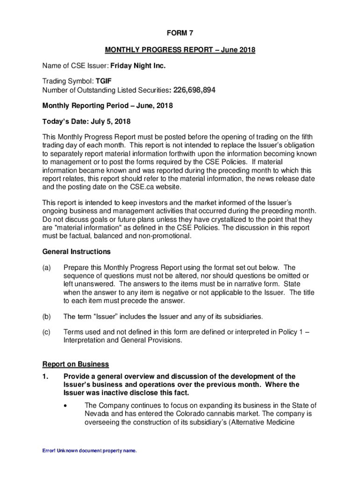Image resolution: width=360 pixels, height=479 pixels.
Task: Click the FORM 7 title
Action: (x=180, y=33)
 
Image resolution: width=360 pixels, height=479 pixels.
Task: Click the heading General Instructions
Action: (x=76, y=252)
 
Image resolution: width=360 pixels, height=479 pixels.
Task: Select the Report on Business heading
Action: (x=76, y=364)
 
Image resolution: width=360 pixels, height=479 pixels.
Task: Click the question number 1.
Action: (x=45, y=377)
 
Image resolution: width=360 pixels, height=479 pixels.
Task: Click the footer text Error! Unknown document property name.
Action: (x=90, y=451)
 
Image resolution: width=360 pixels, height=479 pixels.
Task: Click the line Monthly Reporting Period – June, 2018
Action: (x=108, y=106)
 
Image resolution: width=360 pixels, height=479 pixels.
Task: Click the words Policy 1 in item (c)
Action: (x=284, y=332)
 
